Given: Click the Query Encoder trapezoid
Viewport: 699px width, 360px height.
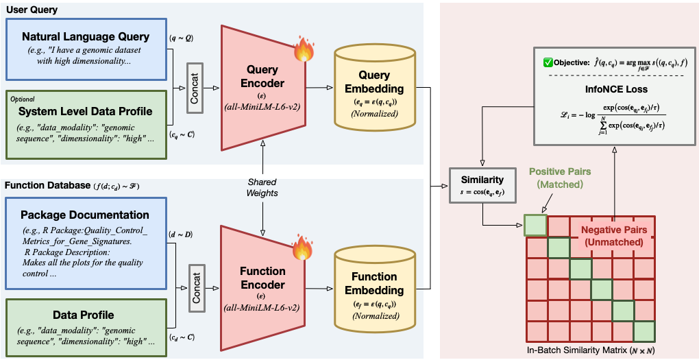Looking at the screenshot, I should click(x=260, y=87).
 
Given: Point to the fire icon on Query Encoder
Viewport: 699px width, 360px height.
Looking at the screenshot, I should click(x=303, y=49).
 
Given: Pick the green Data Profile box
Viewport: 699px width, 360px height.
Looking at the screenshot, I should click(x=85, y=326).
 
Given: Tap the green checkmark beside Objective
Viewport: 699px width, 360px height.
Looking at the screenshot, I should click(x=548, y=62).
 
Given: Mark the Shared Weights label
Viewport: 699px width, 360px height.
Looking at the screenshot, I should click(x=262, y=187).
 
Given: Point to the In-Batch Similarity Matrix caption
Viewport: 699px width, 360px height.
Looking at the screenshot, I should click(x=590, y=350).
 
